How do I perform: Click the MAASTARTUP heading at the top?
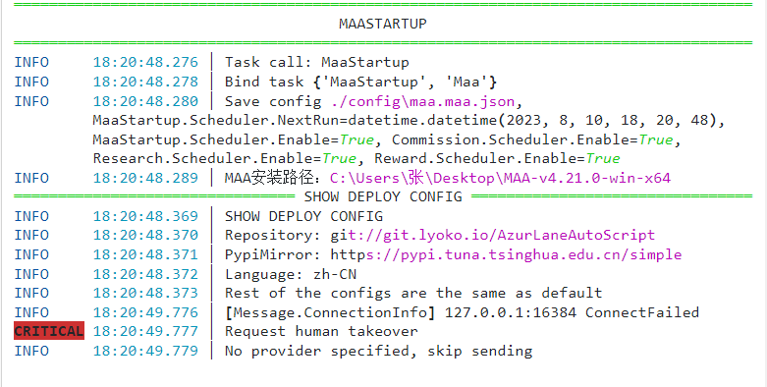pyautogui.click(x=383, y=23)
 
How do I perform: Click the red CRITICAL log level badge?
pyautogui.click(x=48, y=332)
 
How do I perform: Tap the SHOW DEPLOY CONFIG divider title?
pyautogui.click(x=383, y=196)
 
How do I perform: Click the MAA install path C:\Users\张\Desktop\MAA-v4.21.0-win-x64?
pyautogui.click(x=500, y=178)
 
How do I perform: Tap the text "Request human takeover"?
pyautogui.click(x=321, y=332)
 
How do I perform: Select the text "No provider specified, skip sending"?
pyautogui.click(x=379, y=351)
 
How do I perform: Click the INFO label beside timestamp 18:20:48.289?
pyautogui.click(x=31, y=178)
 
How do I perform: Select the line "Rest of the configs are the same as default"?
pyautogui.click(x=413, y=293)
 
